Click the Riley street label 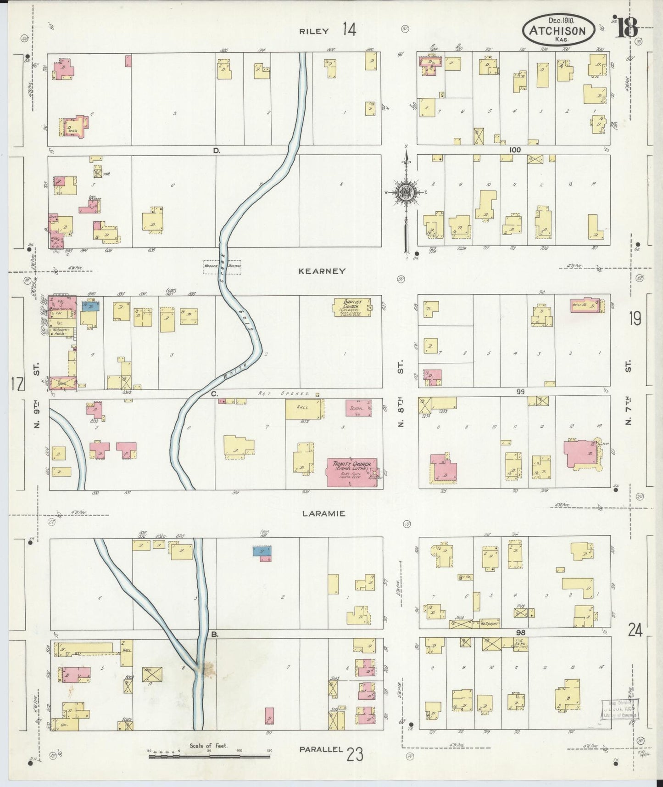(314, 31)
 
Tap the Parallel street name (321, 750)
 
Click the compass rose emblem (407, 193)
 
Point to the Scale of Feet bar (209, 755)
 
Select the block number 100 (515, 150)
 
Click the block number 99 (520, 392)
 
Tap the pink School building (359, 408)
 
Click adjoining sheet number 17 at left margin (17, 383)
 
